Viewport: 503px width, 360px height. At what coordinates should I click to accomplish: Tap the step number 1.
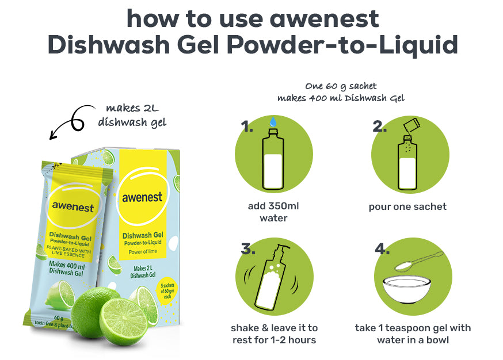point(247,127)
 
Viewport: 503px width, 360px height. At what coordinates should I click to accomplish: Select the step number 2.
point(379,127)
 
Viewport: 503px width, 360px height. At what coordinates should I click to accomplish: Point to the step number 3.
point(248,248)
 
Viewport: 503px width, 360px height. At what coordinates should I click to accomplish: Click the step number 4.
point(382,248)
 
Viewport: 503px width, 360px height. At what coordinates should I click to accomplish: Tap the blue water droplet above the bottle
point(273,121)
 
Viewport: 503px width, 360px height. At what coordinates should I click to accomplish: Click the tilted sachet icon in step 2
point(411,125)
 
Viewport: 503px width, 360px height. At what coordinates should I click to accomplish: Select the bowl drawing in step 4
point(406,289)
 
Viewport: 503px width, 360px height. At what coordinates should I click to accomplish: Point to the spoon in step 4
point(418,262)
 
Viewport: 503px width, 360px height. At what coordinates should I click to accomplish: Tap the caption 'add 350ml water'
point(273,212)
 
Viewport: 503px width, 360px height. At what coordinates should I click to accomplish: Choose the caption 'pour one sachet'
point(407,207)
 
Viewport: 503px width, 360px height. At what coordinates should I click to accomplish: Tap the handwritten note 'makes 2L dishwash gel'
point(132,115)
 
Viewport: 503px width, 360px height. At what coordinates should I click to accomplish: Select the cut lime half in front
point(124,321)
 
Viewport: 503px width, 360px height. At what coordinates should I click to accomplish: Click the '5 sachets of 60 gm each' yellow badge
point(167,291)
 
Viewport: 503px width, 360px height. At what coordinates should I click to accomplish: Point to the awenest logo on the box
point(142,197)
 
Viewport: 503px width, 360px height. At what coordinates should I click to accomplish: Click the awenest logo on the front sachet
point(73,206)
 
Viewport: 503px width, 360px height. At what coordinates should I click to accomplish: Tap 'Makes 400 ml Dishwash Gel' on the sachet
point(67,269)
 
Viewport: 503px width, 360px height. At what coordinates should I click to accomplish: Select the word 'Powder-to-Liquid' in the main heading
point(342,45)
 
